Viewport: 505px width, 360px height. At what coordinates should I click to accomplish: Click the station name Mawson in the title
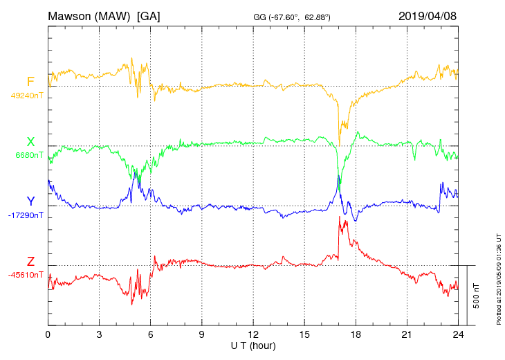coord(73,16)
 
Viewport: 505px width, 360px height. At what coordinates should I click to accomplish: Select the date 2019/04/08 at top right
coord(428,16)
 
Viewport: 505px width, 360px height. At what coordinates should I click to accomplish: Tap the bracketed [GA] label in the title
coord(148,16)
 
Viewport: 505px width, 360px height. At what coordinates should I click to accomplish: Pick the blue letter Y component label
coord(30,201)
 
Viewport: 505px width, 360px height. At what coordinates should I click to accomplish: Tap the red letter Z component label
coord(30,262)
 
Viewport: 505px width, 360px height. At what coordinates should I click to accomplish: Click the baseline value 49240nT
coord(27,96)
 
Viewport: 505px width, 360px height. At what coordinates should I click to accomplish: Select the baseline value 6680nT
coord(29,155)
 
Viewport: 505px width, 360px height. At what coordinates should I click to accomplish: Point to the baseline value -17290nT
coord(27,215)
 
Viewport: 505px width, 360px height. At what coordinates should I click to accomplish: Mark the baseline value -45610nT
coord(27,275)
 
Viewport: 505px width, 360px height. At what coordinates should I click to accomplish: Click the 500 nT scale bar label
coord(476,296)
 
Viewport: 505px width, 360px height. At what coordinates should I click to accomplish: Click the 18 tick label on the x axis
coord(356,334)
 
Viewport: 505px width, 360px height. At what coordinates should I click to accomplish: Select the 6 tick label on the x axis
coord(150,334)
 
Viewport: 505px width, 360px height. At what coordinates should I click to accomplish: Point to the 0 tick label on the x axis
coord(48,334)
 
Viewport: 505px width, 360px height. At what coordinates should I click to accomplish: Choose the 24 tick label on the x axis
coord(458,334)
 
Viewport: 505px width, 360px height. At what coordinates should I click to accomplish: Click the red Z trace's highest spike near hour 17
coord(339,217)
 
